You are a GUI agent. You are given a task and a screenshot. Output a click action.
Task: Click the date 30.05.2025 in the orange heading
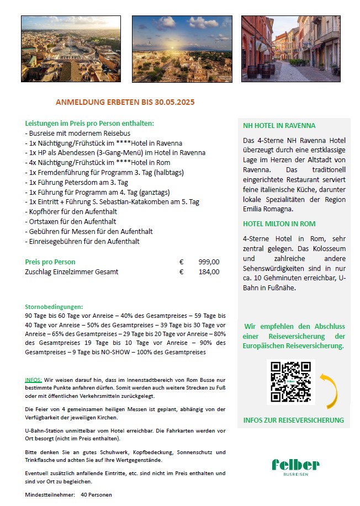click(174, 102)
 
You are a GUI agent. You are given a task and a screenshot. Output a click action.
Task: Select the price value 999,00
click(209, 262)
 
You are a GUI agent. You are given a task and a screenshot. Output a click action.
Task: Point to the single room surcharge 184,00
click(209, 271)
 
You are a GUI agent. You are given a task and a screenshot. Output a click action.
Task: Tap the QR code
click(290, 382)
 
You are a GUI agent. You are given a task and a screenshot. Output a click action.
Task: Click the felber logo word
click(295, 465)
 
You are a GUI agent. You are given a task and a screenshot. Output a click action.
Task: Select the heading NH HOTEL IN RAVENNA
click(279, 125)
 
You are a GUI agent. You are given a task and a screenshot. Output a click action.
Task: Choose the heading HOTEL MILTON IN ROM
click(279, 223)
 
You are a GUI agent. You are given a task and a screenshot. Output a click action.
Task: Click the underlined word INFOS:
click(33, 380)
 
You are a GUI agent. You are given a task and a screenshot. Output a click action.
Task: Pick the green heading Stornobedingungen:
click(54, 306)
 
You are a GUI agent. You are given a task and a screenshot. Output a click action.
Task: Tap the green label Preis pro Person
click(50, 262)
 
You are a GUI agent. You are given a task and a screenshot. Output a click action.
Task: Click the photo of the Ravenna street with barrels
click(290, 49)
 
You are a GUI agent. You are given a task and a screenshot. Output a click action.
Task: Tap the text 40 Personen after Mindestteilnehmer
click(96, 494)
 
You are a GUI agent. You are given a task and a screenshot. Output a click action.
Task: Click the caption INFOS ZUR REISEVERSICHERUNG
click(293, 420)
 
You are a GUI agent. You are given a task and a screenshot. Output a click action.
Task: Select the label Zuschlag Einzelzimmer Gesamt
click(71, 271)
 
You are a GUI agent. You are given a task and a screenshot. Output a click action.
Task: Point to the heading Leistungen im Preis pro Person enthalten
click(89, 123)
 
